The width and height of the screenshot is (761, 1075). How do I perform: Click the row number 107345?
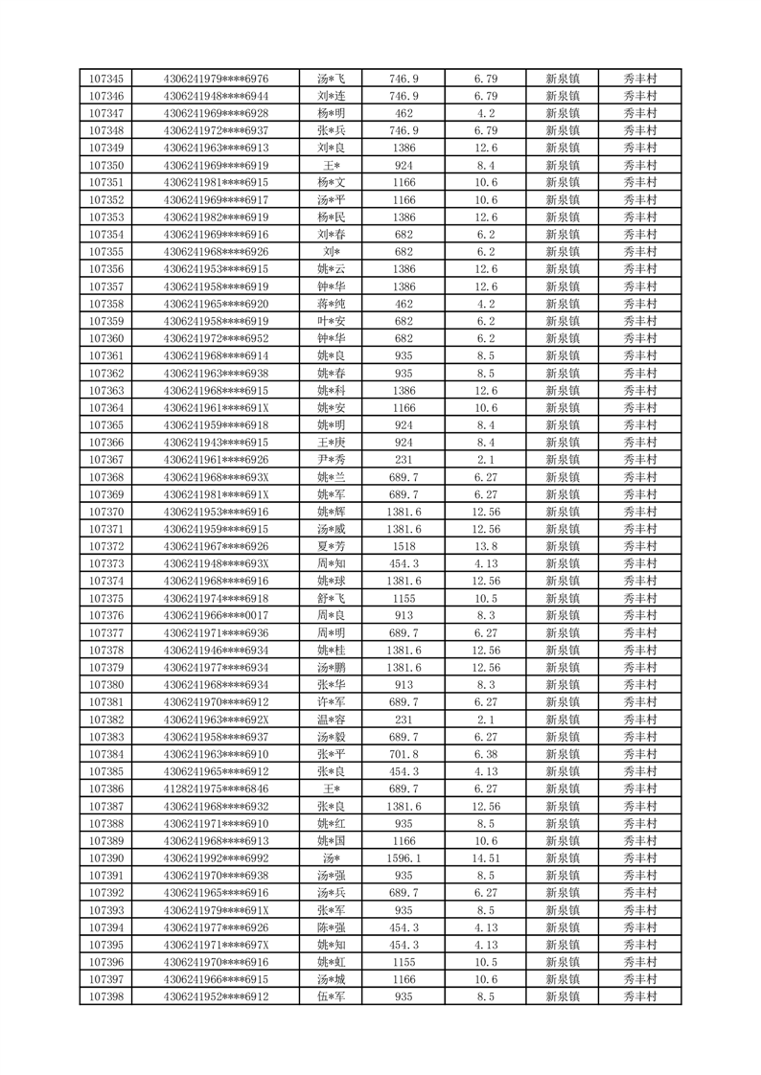click(105, 79)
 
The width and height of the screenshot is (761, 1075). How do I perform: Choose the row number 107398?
click(105, 997)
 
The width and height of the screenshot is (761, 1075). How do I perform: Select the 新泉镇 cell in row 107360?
click(563, 338)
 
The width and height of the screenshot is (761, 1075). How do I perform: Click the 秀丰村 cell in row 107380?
click(639, 685)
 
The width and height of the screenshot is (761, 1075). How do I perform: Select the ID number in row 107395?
click(216, 946)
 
